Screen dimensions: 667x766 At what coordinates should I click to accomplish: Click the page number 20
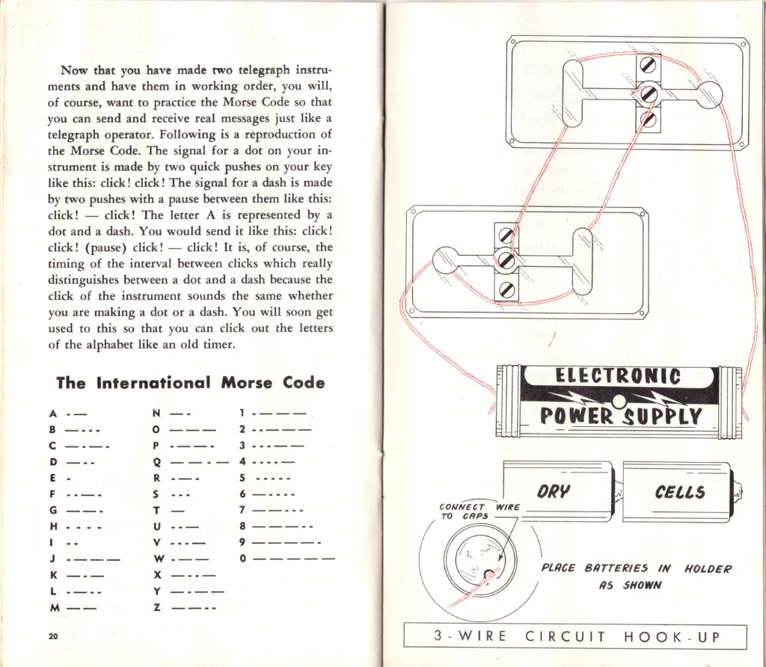click(x=52, y=636)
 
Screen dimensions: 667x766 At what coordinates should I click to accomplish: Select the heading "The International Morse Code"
click(x=191, y=383)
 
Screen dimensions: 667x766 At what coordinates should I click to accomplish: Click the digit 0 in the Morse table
click(x=243, y=559)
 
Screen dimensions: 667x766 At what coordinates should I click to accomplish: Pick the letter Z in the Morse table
click(x=156, y=608)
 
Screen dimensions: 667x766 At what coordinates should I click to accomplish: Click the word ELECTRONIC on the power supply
click(x=617, y=376)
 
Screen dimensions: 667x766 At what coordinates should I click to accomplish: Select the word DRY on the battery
click(x=554, y=491)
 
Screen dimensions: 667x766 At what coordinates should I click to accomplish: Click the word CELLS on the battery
click(x=679, y=491)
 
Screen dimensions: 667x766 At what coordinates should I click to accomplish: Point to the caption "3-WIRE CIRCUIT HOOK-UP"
click(x=574, y=637)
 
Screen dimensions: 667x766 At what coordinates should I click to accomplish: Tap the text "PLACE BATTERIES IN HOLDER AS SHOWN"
click(x=636, y=577)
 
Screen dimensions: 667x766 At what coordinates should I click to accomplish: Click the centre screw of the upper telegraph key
click(x=649, y=94)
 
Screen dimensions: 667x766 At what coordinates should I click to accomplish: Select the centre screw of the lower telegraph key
click(x=505, y=261)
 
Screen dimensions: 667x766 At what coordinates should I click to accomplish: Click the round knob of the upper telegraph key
click(x=708, y=95)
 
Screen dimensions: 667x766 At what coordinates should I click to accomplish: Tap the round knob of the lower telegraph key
click(x=447, y=259)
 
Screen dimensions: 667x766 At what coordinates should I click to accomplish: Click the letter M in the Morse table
click(x=53, y=608)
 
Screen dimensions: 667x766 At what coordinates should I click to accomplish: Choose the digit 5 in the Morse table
click(x=243, y=477)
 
